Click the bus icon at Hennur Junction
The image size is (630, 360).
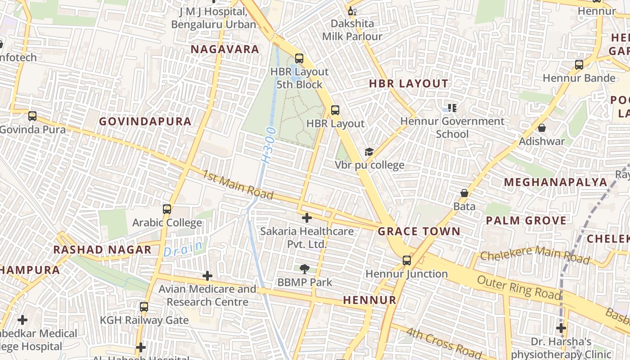coord(407,261)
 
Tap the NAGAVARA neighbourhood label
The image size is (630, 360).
coord(225,49)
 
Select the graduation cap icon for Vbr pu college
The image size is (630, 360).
coord(369,152)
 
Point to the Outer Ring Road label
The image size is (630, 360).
coord(519,287)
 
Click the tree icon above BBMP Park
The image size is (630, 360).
coord(305,269)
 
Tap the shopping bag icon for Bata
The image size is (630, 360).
coord(464,193)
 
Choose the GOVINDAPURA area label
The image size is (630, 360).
coord(145,121)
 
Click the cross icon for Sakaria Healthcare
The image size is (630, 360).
coord(307,218)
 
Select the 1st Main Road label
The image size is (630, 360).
coord(238,184)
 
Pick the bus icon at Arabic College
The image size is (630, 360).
coord(167,209)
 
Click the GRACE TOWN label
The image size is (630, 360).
coord(419,232)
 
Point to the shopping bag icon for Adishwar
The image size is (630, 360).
coord(542,128)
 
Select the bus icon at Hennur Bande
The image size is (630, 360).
coord(579,65)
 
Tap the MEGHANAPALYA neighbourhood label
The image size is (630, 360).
coord(556,182)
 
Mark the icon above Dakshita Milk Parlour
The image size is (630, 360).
coord(352,11)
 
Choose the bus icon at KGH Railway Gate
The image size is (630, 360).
coord(144,307)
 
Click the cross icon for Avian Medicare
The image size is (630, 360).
coord(207,275)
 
